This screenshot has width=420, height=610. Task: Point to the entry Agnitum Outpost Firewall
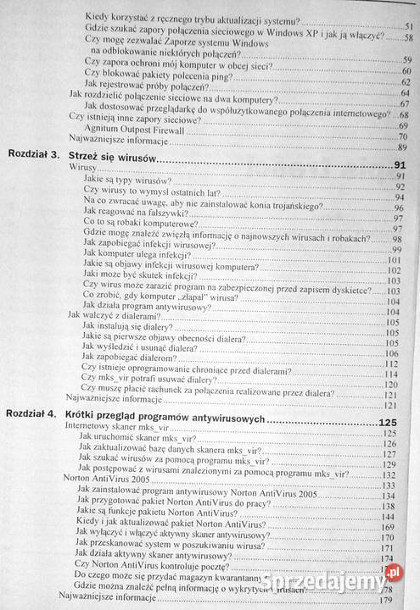tap(128, 124)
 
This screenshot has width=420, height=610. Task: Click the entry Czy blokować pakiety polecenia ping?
tap(161, 71)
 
